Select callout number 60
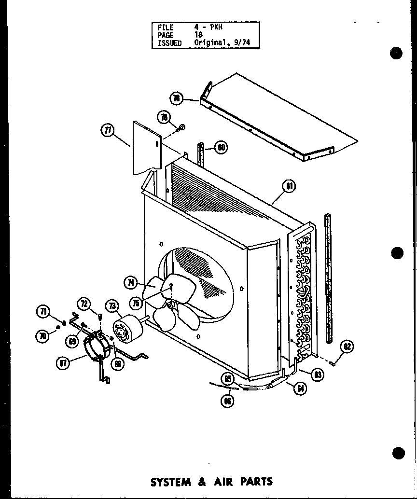[x=222, y=148]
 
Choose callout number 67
[x=63, y=363]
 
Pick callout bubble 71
[x=44, y=311]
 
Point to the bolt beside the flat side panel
[x=182, y=128]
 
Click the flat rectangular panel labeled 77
[x=146, y=147]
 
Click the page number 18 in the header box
[x=198, y=35]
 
